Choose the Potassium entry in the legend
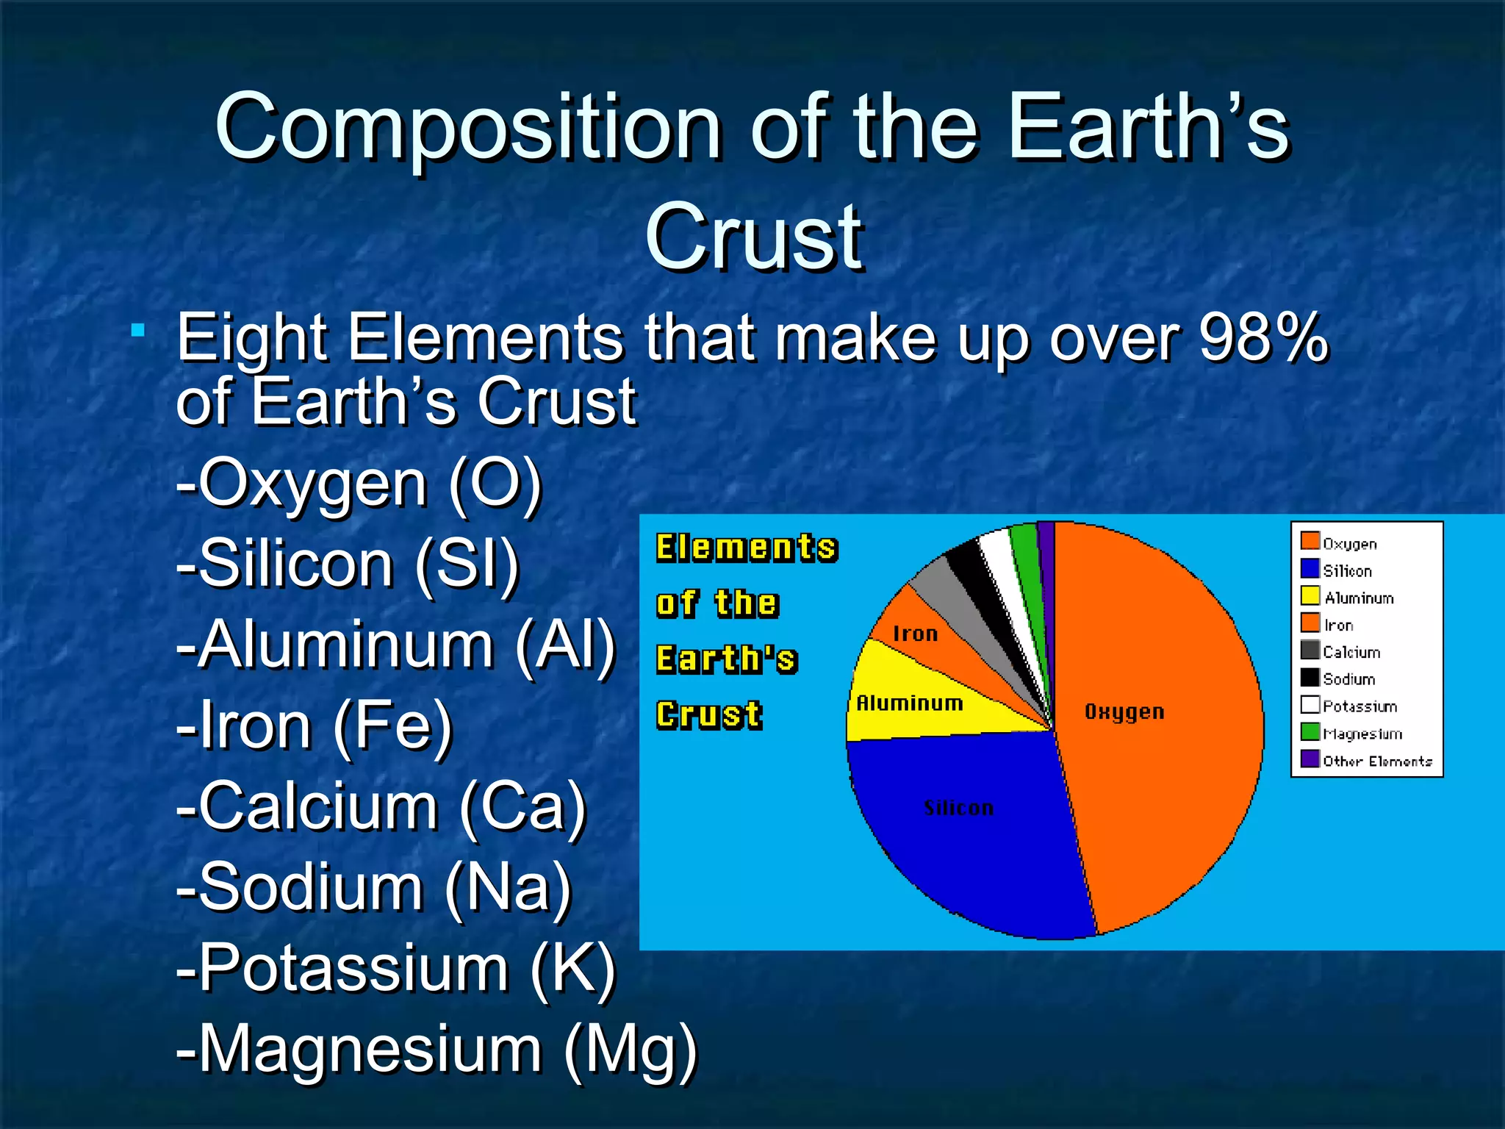(1359, 706)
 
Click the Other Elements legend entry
(1376, 761)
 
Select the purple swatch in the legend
(1310, 759)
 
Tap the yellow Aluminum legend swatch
(1310, 596)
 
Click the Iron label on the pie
(915, 634)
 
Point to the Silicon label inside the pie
(958, 808)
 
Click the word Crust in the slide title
(754, 237)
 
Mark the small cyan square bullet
(137, 331)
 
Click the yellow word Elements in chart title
(746, 548)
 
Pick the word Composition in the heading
(467, 127)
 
